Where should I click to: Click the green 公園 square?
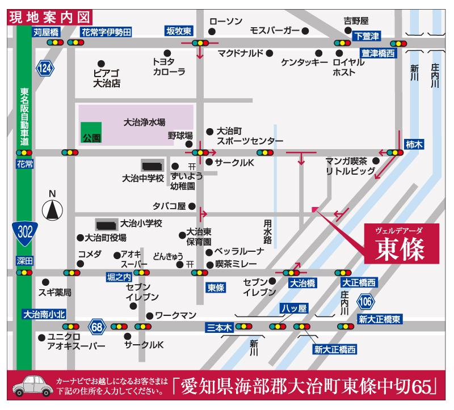(91, 132)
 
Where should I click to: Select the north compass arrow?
(52, 210)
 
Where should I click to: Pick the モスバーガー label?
(275, 30)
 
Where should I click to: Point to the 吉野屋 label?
(356, 22)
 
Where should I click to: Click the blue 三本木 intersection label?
(220, 327)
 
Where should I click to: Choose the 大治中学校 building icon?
(151, 166)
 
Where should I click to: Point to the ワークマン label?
(175, 315)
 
